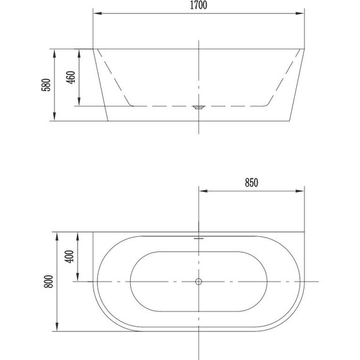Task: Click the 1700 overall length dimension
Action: pyautogui.click(x=198, y=6)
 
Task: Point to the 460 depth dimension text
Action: pyautogui.click(x=71, y=77)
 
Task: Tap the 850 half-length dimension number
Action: pyautogui.click(x=251, y=183)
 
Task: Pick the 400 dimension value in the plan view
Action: pyautogui.click(x=69, y=256)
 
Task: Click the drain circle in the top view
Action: pyautogui.click(x=198, y=282)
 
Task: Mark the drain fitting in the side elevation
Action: pyautogui.click(x=198, y=108)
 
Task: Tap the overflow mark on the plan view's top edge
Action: pyautogui.click(x=198, y=238)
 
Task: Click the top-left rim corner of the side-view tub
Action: pyautogui.click(x=93, y=48)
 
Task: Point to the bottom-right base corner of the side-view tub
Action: pyautogui.click(x=291, y=121)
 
